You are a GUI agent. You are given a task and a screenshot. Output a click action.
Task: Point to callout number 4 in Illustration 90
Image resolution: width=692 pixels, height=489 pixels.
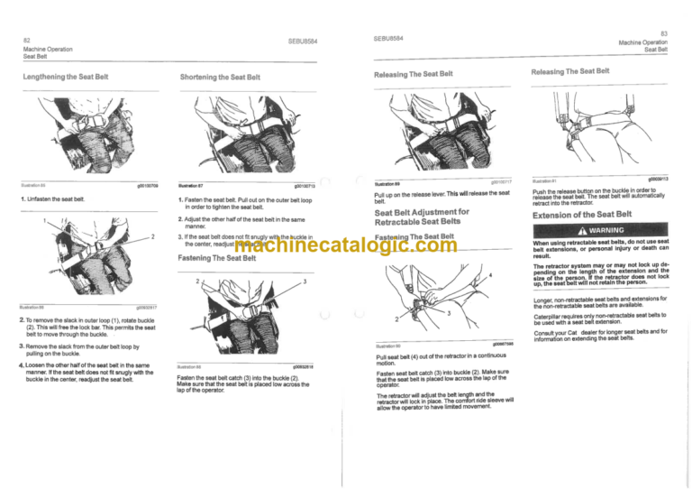pos(491,273)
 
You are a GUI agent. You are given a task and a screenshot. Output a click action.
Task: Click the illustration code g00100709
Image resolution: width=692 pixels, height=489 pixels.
pos(146,184)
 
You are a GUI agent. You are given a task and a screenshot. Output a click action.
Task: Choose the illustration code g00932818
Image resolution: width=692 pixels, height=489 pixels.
pos(306,366)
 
